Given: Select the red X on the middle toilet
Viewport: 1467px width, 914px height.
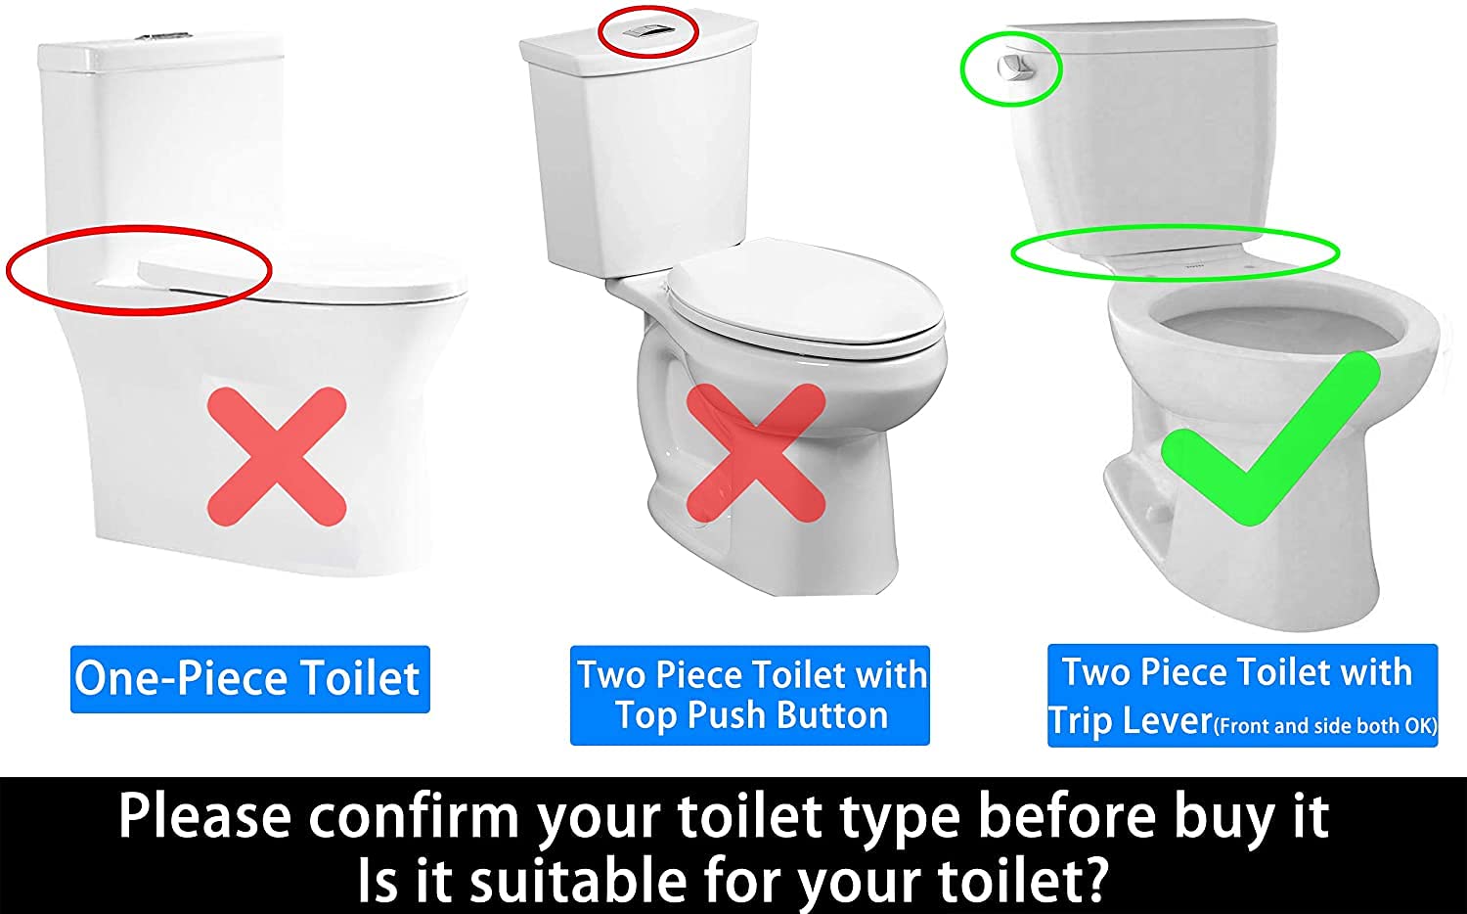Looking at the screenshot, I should pos(755,452).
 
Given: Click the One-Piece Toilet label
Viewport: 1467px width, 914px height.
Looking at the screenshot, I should pos(248,678).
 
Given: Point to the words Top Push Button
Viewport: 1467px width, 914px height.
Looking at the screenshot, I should pos(751,716).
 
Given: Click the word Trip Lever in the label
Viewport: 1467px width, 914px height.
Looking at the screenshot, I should pos(1131,721).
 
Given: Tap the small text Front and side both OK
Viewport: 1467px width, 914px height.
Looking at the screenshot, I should pos(1325,725).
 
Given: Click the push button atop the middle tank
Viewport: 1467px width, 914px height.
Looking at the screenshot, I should pos(646,30).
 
